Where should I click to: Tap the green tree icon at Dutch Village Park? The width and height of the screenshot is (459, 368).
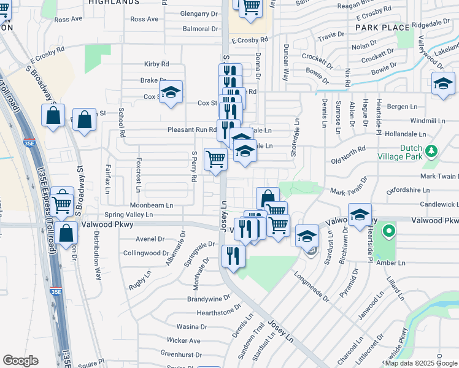point(431,150)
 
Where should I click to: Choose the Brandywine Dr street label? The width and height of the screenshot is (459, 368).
point(208,299)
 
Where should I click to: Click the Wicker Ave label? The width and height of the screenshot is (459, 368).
point(183,340)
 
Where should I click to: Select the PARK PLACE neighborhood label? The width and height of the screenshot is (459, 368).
point(382,28)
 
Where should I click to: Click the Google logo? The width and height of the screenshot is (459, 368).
point(20,361)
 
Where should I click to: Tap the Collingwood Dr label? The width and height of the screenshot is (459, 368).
point(145,253)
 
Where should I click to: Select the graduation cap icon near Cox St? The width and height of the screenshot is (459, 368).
point(171,93)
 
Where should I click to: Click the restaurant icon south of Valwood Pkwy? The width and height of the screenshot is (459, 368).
point(233,256)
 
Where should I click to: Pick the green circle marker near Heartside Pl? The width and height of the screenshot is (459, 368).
point(388,231)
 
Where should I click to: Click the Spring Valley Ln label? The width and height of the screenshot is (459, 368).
point(128,215)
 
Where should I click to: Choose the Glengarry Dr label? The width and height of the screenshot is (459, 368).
point(199,13)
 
